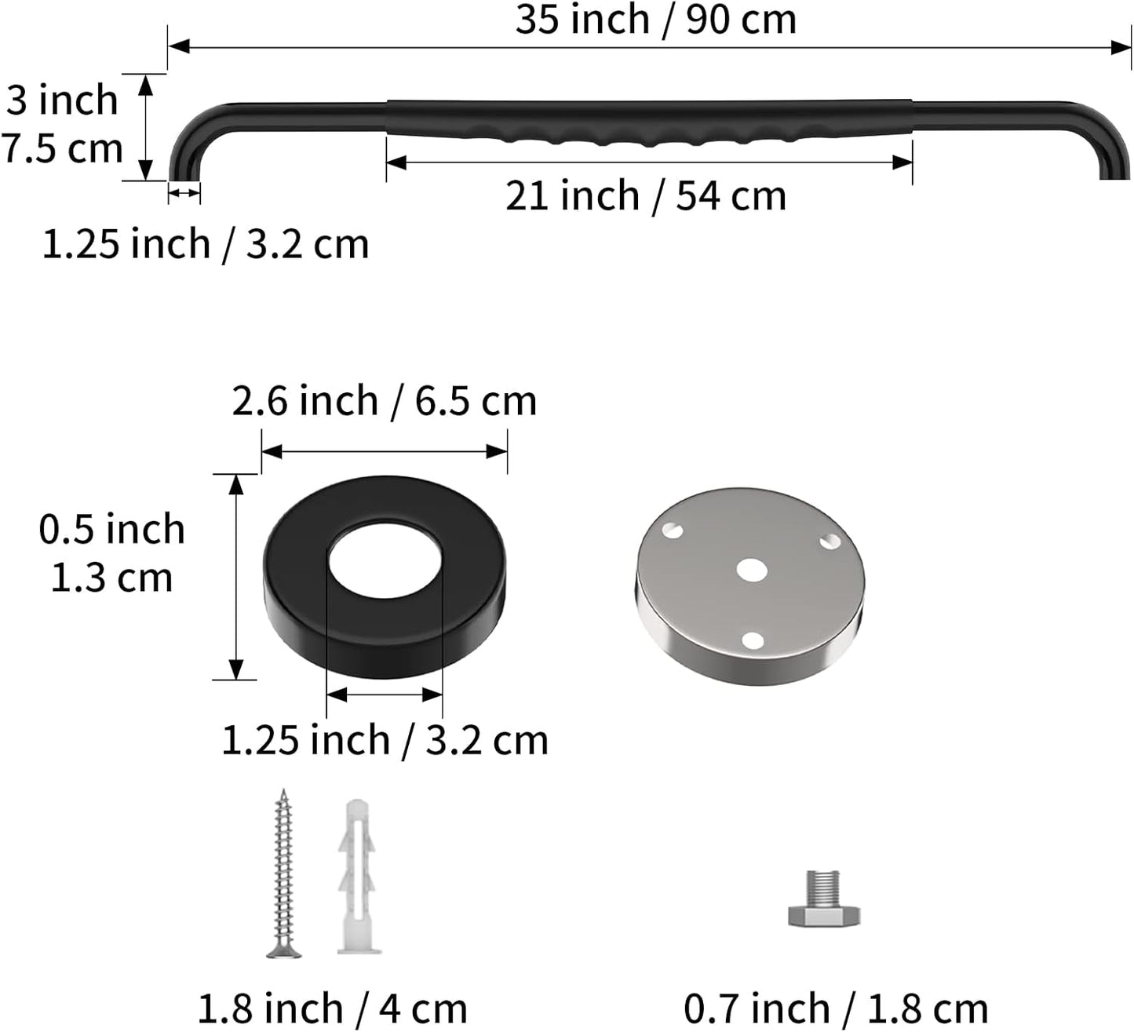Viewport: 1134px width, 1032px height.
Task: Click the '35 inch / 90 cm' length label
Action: click(656, 20)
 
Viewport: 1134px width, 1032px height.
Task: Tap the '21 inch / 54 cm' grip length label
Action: click(646, 196)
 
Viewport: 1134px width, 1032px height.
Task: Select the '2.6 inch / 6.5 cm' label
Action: click(385, 401)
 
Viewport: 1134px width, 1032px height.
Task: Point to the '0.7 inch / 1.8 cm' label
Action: click(836, 1008)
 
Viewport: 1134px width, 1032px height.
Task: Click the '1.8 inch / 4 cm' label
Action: click(333, 1008)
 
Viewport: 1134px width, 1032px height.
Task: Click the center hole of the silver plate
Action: click(752, 570)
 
